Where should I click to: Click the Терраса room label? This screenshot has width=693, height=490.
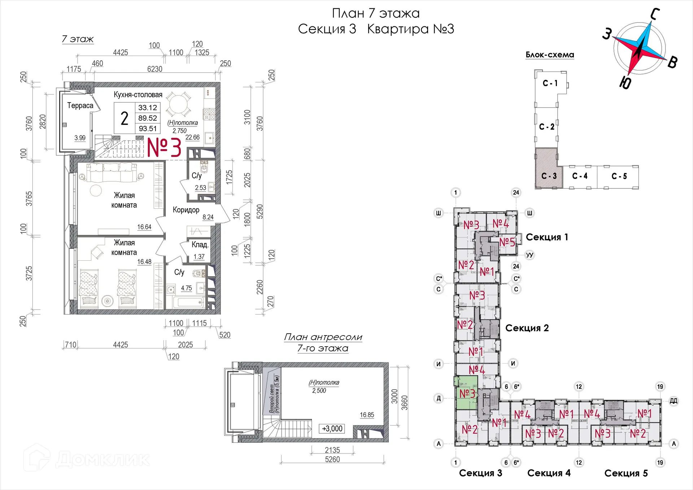point(80,105)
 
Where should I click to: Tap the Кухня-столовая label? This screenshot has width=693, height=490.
point(138,95)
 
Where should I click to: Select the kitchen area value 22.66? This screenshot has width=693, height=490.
point(192,137)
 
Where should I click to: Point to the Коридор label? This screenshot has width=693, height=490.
point(186,210)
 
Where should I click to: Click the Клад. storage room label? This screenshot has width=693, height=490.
point(200,244)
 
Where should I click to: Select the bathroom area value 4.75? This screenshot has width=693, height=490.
point(186,288)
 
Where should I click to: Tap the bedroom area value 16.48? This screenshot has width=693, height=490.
point(144,262)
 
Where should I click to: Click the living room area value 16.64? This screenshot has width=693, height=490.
point(144,227)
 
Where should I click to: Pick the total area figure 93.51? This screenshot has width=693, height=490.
point(148,129)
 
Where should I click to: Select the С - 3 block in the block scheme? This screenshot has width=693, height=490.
point(548,168)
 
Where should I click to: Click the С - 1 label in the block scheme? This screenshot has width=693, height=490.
point(550,83)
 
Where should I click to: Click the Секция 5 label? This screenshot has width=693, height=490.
point(626,473)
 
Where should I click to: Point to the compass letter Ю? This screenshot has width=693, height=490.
point(625,83)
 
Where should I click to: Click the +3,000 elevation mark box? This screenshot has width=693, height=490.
point(332,429)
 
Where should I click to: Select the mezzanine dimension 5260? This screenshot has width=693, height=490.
point(332,459)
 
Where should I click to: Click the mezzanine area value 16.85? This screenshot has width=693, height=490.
point(367,415)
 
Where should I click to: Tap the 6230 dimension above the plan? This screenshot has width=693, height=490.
point(154,69)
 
